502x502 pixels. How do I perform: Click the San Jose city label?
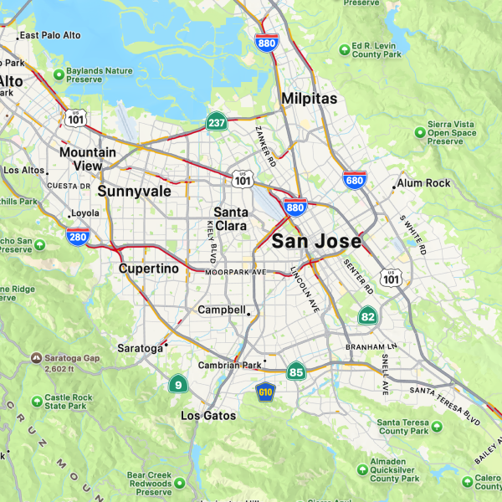point(316,242)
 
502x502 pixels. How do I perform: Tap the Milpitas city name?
point(310,99)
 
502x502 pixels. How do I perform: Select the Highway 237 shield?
point(216,122)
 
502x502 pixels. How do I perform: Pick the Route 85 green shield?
point(295,371)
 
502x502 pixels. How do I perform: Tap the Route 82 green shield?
point(367,316)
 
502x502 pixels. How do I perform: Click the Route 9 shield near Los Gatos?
point(177,385)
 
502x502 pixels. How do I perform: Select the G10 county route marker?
point(266,392)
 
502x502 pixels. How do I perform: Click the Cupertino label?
point(148,269)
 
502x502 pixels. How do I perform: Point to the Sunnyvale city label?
point(134,191)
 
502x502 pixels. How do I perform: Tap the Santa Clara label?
point(229,218)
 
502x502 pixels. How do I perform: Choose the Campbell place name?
point(222,310)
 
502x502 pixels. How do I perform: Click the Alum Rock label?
point(423,182)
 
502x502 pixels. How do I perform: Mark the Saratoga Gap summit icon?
point(35,357)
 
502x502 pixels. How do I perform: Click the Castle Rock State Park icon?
point(35,401)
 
